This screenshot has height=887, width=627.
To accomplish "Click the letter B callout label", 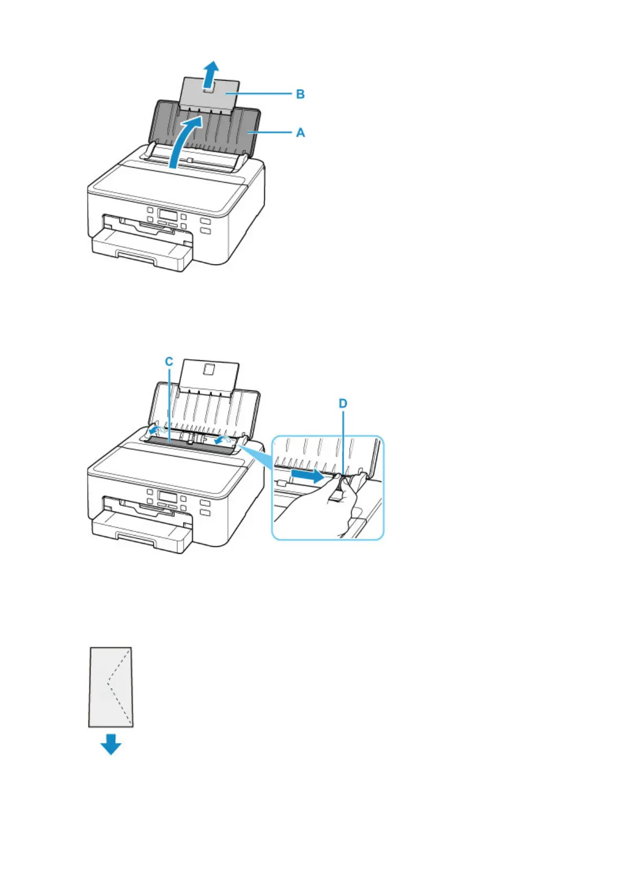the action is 300,94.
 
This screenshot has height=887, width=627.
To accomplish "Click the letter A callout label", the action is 300,132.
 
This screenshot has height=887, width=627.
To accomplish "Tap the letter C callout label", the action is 169,362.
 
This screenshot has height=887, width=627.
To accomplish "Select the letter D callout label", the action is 343,403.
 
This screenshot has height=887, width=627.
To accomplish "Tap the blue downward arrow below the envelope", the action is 111,745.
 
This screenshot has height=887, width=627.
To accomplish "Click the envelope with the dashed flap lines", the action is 111,687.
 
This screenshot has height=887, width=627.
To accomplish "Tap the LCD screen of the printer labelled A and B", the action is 166,215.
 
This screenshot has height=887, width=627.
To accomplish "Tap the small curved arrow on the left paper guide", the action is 154,431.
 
